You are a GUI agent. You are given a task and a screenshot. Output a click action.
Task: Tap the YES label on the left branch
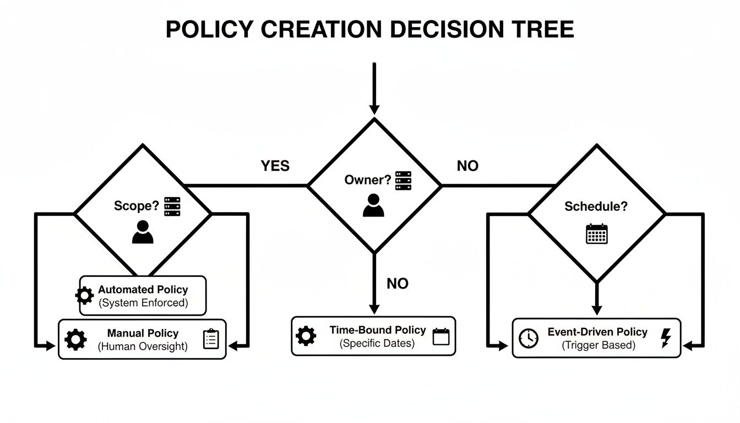[x=275, y=166]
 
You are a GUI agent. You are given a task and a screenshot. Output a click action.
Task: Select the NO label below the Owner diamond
[x=398, y=284]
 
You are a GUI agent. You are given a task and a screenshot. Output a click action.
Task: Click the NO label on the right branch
[x=467, y=166]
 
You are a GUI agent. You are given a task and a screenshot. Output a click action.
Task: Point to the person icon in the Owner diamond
[x=373, y=205]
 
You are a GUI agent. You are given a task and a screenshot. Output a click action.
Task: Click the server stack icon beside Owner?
[x=403, y=181]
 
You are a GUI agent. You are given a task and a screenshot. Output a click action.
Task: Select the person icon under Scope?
[x=143, y=232]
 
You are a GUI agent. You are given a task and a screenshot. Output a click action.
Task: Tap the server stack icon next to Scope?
[x=172, y=207]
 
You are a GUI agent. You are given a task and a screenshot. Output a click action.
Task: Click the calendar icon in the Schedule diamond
[x=597, y=234]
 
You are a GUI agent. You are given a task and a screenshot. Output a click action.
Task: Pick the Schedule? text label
[x=596, y=207]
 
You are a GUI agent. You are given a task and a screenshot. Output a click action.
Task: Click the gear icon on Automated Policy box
[x=85, y=296]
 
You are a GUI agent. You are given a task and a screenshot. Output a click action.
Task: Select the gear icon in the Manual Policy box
[x=76, y=339]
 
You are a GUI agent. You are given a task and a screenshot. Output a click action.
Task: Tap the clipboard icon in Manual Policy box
[x=211, y=339]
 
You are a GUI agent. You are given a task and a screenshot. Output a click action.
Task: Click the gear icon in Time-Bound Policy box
[x=306, y=336]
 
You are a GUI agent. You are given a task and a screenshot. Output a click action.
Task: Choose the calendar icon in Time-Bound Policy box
[x=441, y=336]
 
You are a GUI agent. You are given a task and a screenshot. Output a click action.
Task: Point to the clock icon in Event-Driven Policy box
[x=529, y=338]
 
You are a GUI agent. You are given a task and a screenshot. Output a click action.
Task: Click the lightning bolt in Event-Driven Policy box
[x=665, y=338]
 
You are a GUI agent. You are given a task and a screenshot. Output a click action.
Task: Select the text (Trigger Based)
[x=598, y=345]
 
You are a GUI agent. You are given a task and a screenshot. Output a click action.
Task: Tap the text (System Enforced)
[x=143, y=302]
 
